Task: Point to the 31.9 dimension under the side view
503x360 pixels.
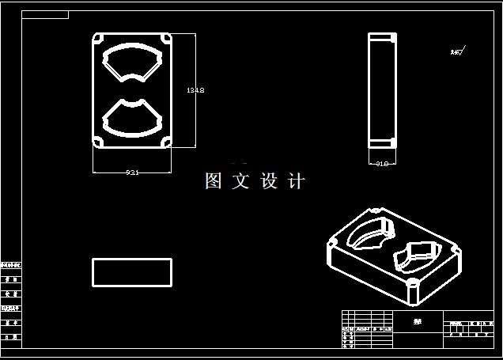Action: tap(381, 164)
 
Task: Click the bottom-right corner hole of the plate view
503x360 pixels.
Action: tap(167, 142)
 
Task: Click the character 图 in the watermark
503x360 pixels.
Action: tap(214, 181)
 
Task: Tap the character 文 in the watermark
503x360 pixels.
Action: tap(240, 181)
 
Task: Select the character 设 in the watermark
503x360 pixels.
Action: tap(269, 181)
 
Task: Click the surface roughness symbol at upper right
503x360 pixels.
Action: tap(458, 52)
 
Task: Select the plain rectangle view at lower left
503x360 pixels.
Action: tap(132, 271)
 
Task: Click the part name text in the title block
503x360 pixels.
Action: tap(417, 321)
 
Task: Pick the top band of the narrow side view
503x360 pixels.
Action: tap(381, 38)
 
